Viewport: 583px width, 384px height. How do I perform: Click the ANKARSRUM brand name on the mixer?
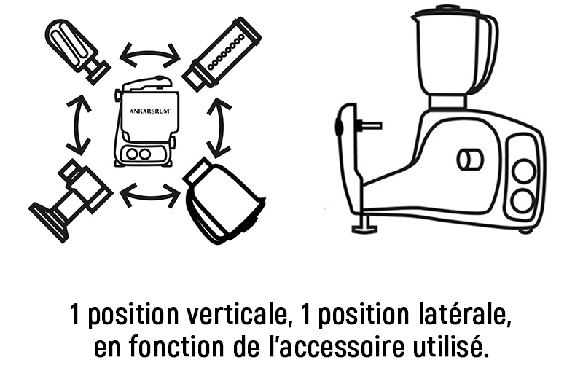point(150,111)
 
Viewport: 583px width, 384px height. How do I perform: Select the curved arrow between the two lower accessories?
point(149,195)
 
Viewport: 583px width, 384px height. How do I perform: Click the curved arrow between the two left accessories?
point(79,124)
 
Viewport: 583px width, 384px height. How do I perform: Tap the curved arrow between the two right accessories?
point(220,125)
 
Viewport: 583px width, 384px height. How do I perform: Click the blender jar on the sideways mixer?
point(455,57)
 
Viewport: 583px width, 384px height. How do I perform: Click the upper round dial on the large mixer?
point(524,171)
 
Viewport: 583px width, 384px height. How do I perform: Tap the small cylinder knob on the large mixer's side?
point(470,160)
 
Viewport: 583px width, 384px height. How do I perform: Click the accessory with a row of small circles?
point(222,54)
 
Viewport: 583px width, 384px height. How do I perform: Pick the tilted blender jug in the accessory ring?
point(223,202)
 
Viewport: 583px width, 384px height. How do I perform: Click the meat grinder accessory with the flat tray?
point(71,200)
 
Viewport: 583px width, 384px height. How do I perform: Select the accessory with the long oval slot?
point(77,50)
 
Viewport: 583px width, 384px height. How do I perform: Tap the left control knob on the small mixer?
point(132,154)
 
